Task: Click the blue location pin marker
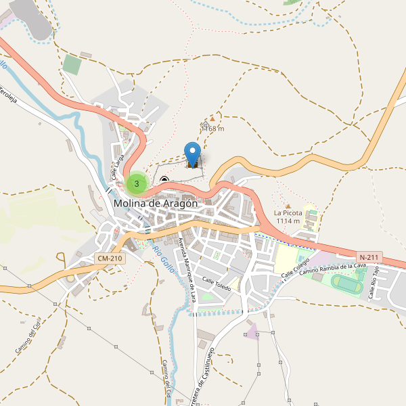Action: coord(193,152)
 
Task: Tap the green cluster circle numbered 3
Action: coord(137,183)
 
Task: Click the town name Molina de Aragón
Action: coord(156,203)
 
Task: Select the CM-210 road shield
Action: coord(110,258)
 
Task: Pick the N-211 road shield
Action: coord(369,257)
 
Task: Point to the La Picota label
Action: coord(288,213)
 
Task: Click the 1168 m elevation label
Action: coord(212,129)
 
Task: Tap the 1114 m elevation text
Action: coord(288,221)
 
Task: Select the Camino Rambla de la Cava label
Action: coord(332,269)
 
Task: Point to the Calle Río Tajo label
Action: coord(372,284)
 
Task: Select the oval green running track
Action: coord(346,286)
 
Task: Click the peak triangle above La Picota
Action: coord(288,206)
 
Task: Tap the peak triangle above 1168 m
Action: coord(212,118)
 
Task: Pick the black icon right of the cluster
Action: coord(164,179)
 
